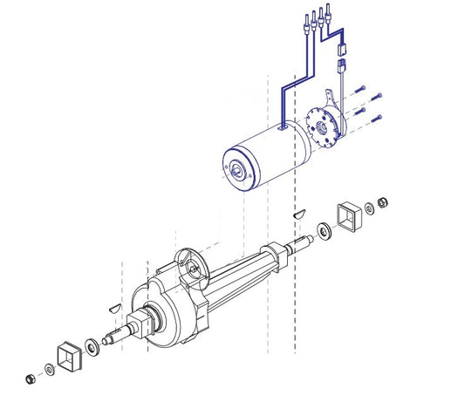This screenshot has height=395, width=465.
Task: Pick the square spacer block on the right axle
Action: pyautogui.click(x=351, y=217)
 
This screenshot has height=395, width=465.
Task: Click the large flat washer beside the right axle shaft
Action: pyautogui.click(x=325, y=230)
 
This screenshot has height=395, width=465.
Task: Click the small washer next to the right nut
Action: pyautogui.click(x=370, y=208)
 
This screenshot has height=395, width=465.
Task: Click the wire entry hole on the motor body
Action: pyautogui.click(x=282, y=126)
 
